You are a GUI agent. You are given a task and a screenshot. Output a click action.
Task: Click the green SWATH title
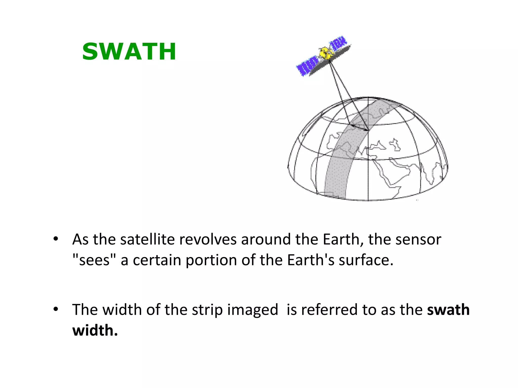(x=129, y=52)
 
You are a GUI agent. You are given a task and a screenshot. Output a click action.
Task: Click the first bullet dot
(x=56, y=239)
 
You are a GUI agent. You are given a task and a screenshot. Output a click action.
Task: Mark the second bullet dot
(x=56, y=309)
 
